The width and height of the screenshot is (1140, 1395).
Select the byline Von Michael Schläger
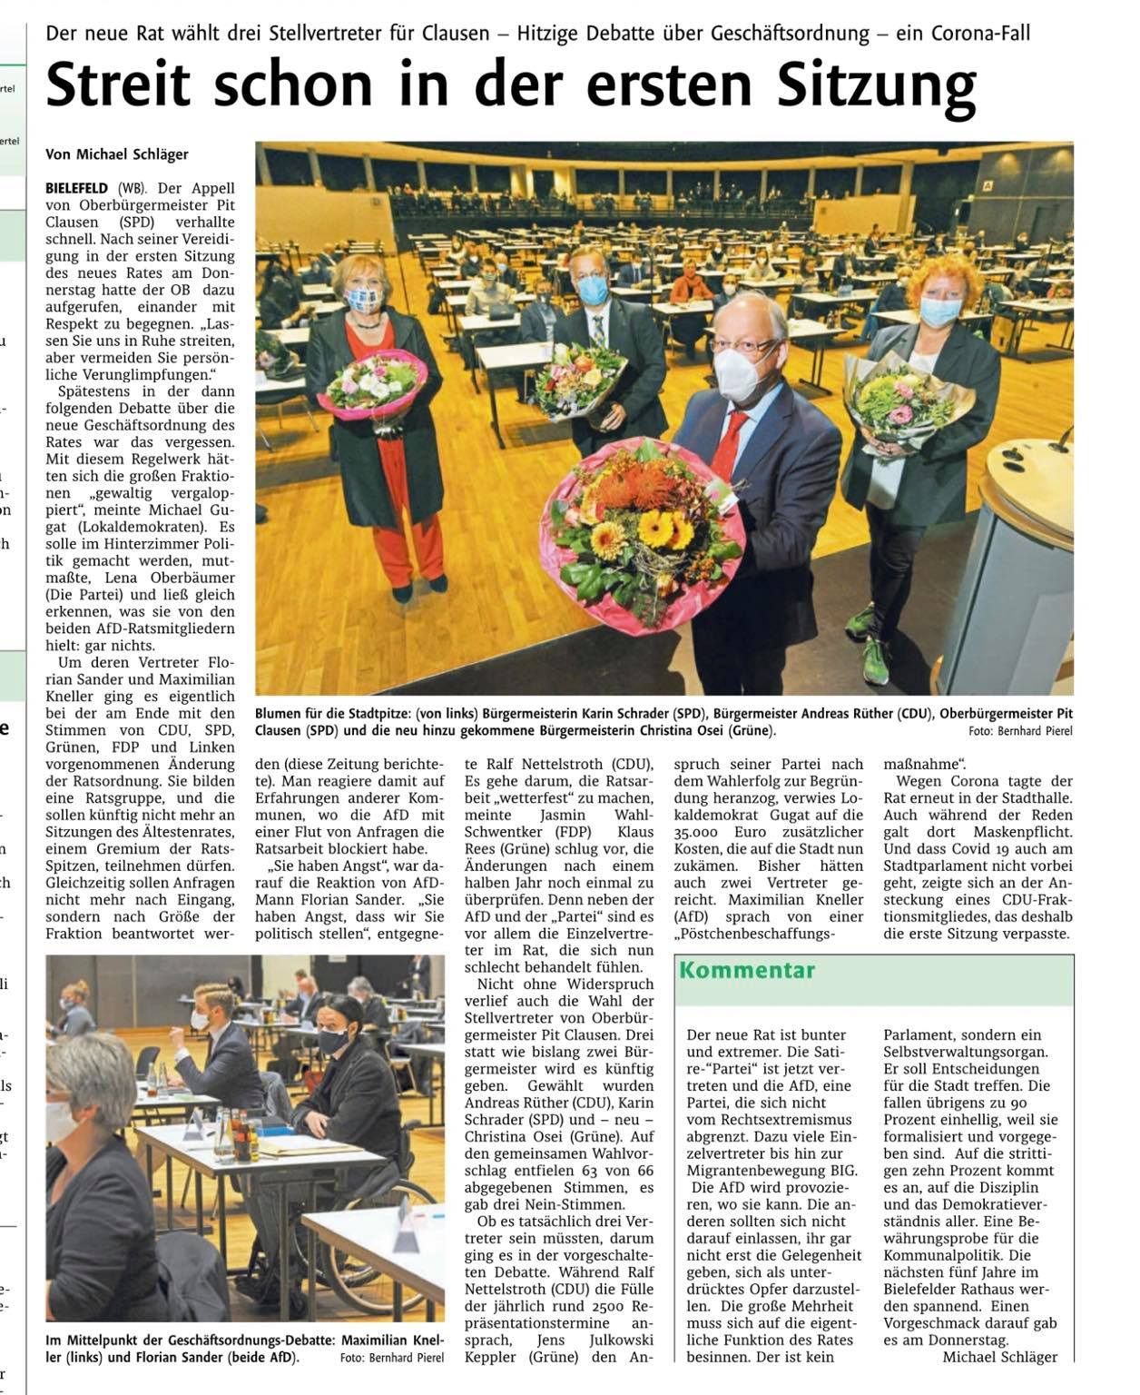click(117, 155)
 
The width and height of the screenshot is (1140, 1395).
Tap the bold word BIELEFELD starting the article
click(76, 189)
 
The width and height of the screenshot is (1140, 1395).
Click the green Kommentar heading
click(747, 970)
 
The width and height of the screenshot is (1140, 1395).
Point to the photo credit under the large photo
click(1020, 729)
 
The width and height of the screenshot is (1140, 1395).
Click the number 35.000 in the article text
click(696, 833)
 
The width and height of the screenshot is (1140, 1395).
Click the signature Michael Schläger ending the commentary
click(1000, 1357)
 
